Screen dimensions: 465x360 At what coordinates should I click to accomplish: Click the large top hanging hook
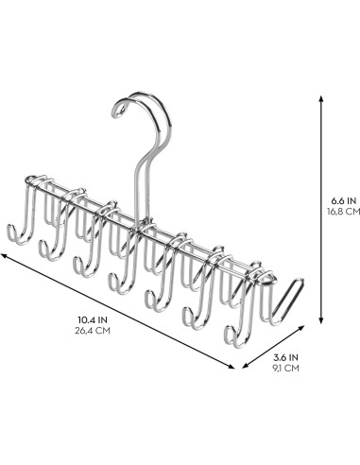pyautogui.click(x=146, y=118)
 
